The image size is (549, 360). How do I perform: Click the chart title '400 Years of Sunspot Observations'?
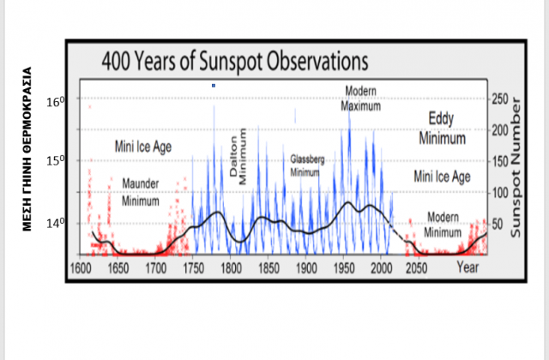(234, 63)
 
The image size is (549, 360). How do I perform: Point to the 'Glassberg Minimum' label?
(307, 165)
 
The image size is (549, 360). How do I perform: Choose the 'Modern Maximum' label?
(360, 99)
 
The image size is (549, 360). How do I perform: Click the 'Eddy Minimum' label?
(442, 128)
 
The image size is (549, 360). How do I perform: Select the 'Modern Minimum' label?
(443, 225)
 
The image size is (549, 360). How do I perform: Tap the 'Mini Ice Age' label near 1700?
(143, 147)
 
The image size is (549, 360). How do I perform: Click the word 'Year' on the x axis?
(468, 267)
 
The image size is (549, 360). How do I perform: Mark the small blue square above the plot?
(214, 85)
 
